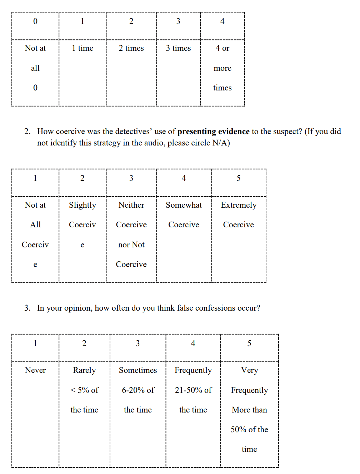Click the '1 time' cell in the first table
pyautogui.click(x=82, y=48)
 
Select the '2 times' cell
pyautogui.click(x=131, y=48)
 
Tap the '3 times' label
pyautogui.click(x=178, y=48)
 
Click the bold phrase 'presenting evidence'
pyautogui.click(x=213, y=132)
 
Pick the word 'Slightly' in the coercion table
pyautogui.click(x=82, y=205)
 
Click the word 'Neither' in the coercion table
pyautogui.click(x=131, y=205)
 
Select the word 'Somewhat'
pyautogui.click(x=184, y=205)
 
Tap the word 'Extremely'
pyautogui.click(x=239, y=205)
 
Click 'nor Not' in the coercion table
pyautogui.click(x=131, y=245)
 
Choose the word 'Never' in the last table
pyautogui.click(x=35, y=370)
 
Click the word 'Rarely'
pyautogui.click(x=84, y=370)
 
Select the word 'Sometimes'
pyautogui.click(x=138, y=370)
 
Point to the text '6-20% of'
pyautogui.click(x=138, y=390)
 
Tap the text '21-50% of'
pyautogui.click(x=193, y=390)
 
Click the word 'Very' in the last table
pyautogui.click(x=249, y=370)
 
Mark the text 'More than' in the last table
pyautogui.click(x=249, y=410)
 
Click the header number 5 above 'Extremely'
pyautogui.click(x=239, y=178)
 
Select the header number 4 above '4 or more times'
pyautogui.click(x=222, y=21)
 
